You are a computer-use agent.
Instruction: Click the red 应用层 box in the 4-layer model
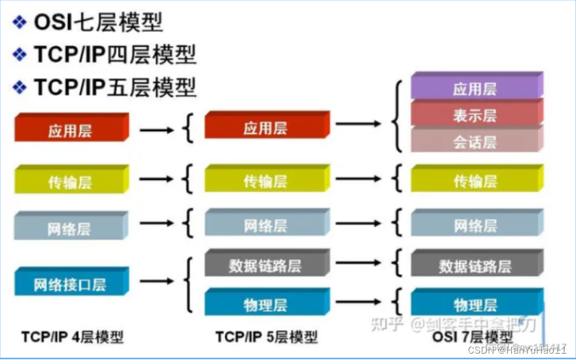(x=71, y=130)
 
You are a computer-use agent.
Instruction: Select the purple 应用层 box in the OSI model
(x=476, y=88)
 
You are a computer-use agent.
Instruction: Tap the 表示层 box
(x=476, y=115)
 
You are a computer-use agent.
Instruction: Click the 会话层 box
(x=476, y=141)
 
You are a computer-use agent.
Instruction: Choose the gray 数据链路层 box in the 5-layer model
(x=266, y=265)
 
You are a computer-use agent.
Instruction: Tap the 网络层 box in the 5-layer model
(x=266, y=225)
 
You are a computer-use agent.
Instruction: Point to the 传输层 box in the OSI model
(x=476, y=181)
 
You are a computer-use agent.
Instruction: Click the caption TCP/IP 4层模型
(x=72, y=336)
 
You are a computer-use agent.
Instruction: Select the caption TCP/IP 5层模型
(x=266, y=336)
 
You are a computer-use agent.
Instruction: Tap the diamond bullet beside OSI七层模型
(x=20, y=23)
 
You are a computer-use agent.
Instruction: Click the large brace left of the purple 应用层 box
(x=398, y=116)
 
